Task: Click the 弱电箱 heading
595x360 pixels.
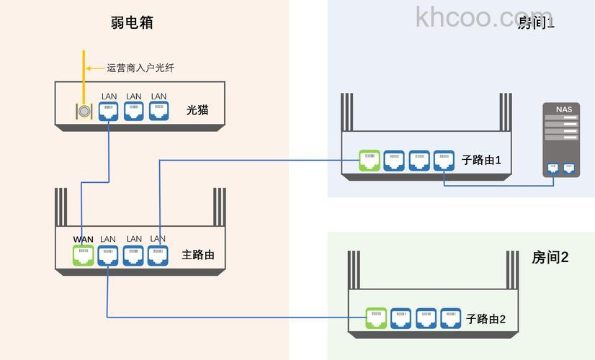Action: click(x=132, y=22)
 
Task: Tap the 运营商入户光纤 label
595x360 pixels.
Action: click(x=140, y=68)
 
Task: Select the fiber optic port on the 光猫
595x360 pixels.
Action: click(x=84, y=112)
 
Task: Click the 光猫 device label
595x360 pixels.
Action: click(x=197, y=110)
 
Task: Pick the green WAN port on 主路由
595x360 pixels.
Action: click(x=84, y=255)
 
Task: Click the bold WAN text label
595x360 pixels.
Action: click(x=84, y=239)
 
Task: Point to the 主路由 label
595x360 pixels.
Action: click(x=198, y=255)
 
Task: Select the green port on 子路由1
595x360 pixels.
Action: click(x=369, y=160)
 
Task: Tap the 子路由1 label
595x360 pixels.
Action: click(x=482, y=160)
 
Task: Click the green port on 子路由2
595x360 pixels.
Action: click(x=376, y=318)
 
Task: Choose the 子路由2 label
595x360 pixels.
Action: click(x=486, y=318)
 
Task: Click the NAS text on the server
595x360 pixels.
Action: click(x=564, y=109)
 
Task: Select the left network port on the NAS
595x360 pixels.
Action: click(x=553, y=168)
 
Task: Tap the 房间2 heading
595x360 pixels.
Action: click(x=550, y=257)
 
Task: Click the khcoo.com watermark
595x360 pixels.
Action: click(x=483, y=17)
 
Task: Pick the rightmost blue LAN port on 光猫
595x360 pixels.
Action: click(x=158, y=111)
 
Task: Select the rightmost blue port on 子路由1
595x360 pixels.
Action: click(x=444, y=160)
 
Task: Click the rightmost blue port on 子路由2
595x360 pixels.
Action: click(x=450, y=318)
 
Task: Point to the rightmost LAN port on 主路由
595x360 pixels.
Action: click(x=158, y=255)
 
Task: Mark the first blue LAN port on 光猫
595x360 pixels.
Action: click(x=109, y=111)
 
